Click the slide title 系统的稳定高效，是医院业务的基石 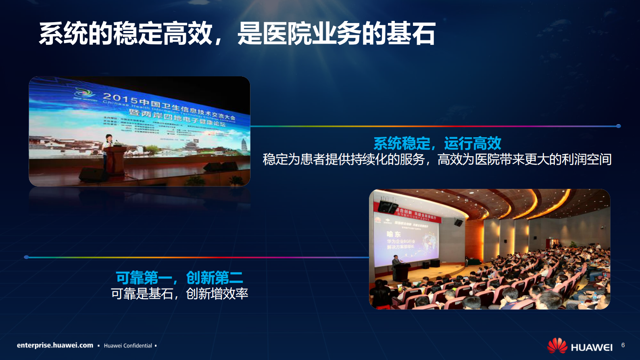point(237,33)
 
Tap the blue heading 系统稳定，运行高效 point(437,143)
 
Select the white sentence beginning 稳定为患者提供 point(437,159)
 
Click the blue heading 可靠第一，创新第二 point(179,278)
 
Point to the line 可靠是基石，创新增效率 point(179,294)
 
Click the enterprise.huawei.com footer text point(55,345)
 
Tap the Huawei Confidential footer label point(128,346)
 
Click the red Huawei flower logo point(557,346)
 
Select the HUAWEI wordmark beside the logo point(592,347)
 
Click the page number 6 point(623,345)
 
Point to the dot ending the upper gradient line point(619,126)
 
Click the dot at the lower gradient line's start point(26,257)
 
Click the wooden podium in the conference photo point(116,159)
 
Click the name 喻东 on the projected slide point(394,234)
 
